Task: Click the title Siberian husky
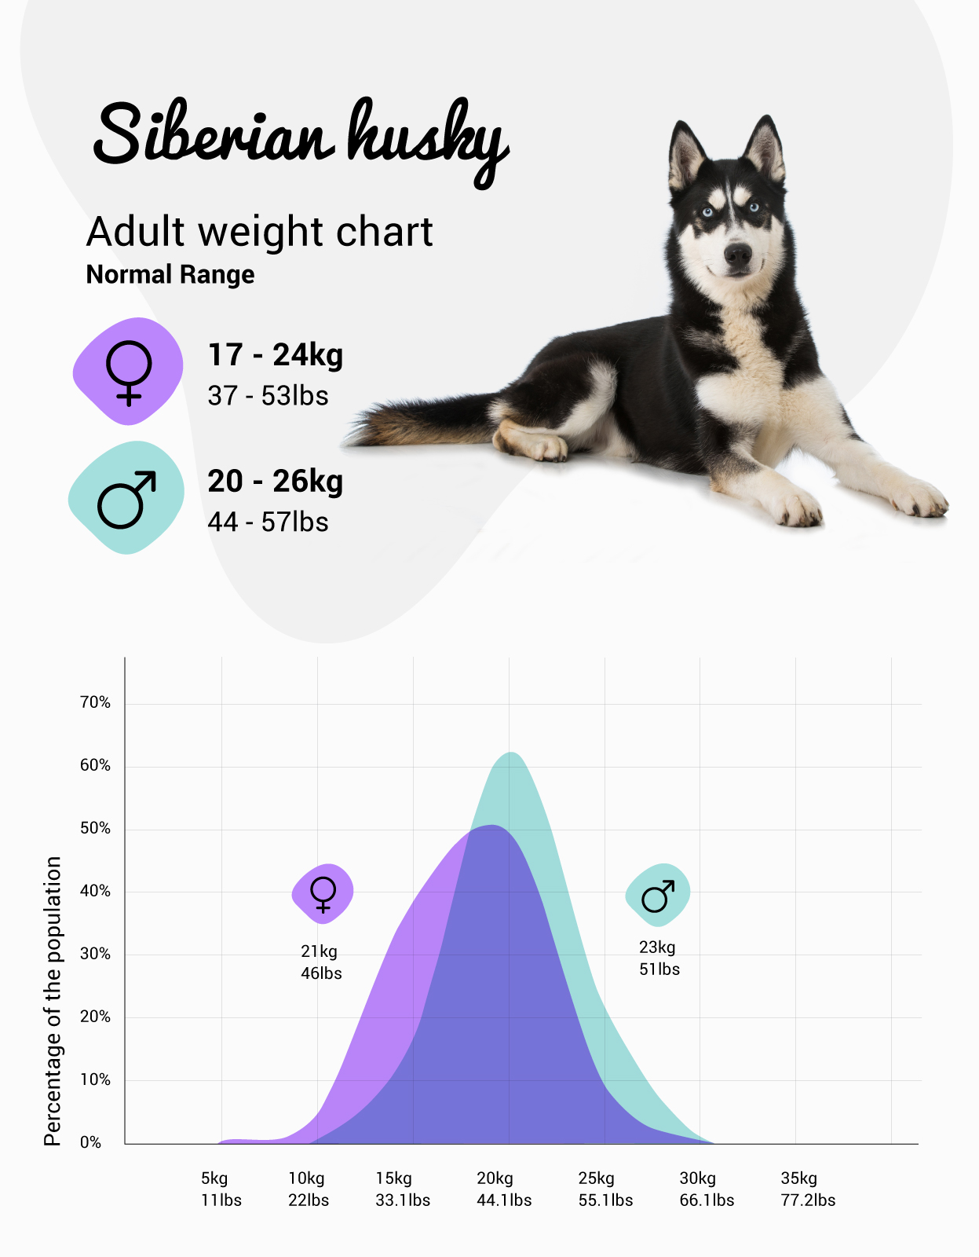click(301, 137)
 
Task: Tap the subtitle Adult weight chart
click(259, 232)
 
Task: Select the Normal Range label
click(170, 275)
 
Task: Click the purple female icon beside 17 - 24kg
click(129, 371)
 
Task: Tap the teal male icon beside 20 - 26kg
click(126, 497)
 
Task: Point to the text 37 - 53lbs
click(268, 396)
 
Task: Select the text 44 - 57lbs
click(268, 522)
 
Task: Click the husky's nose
click(737, 253)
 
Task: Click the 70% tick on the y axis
click(95, 702)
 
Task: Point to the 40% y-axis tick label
click(95, 891)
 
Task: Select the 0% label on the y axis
click(91, 1142)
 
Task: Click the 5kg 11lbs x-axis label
click(221, 1189)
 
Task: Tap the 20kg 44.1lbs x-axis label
click(504, 1189)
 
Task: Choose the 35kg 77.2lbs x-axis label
click(808, 1189)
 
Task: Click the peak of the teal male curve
click(512, 753)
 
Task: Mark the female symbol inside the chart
click(323, 893)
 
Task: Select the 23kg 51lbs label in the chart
click(659, 958)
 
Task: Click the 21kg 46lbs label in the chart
click(321, 962)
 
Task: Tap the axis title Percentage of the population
click(52, 1001)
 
